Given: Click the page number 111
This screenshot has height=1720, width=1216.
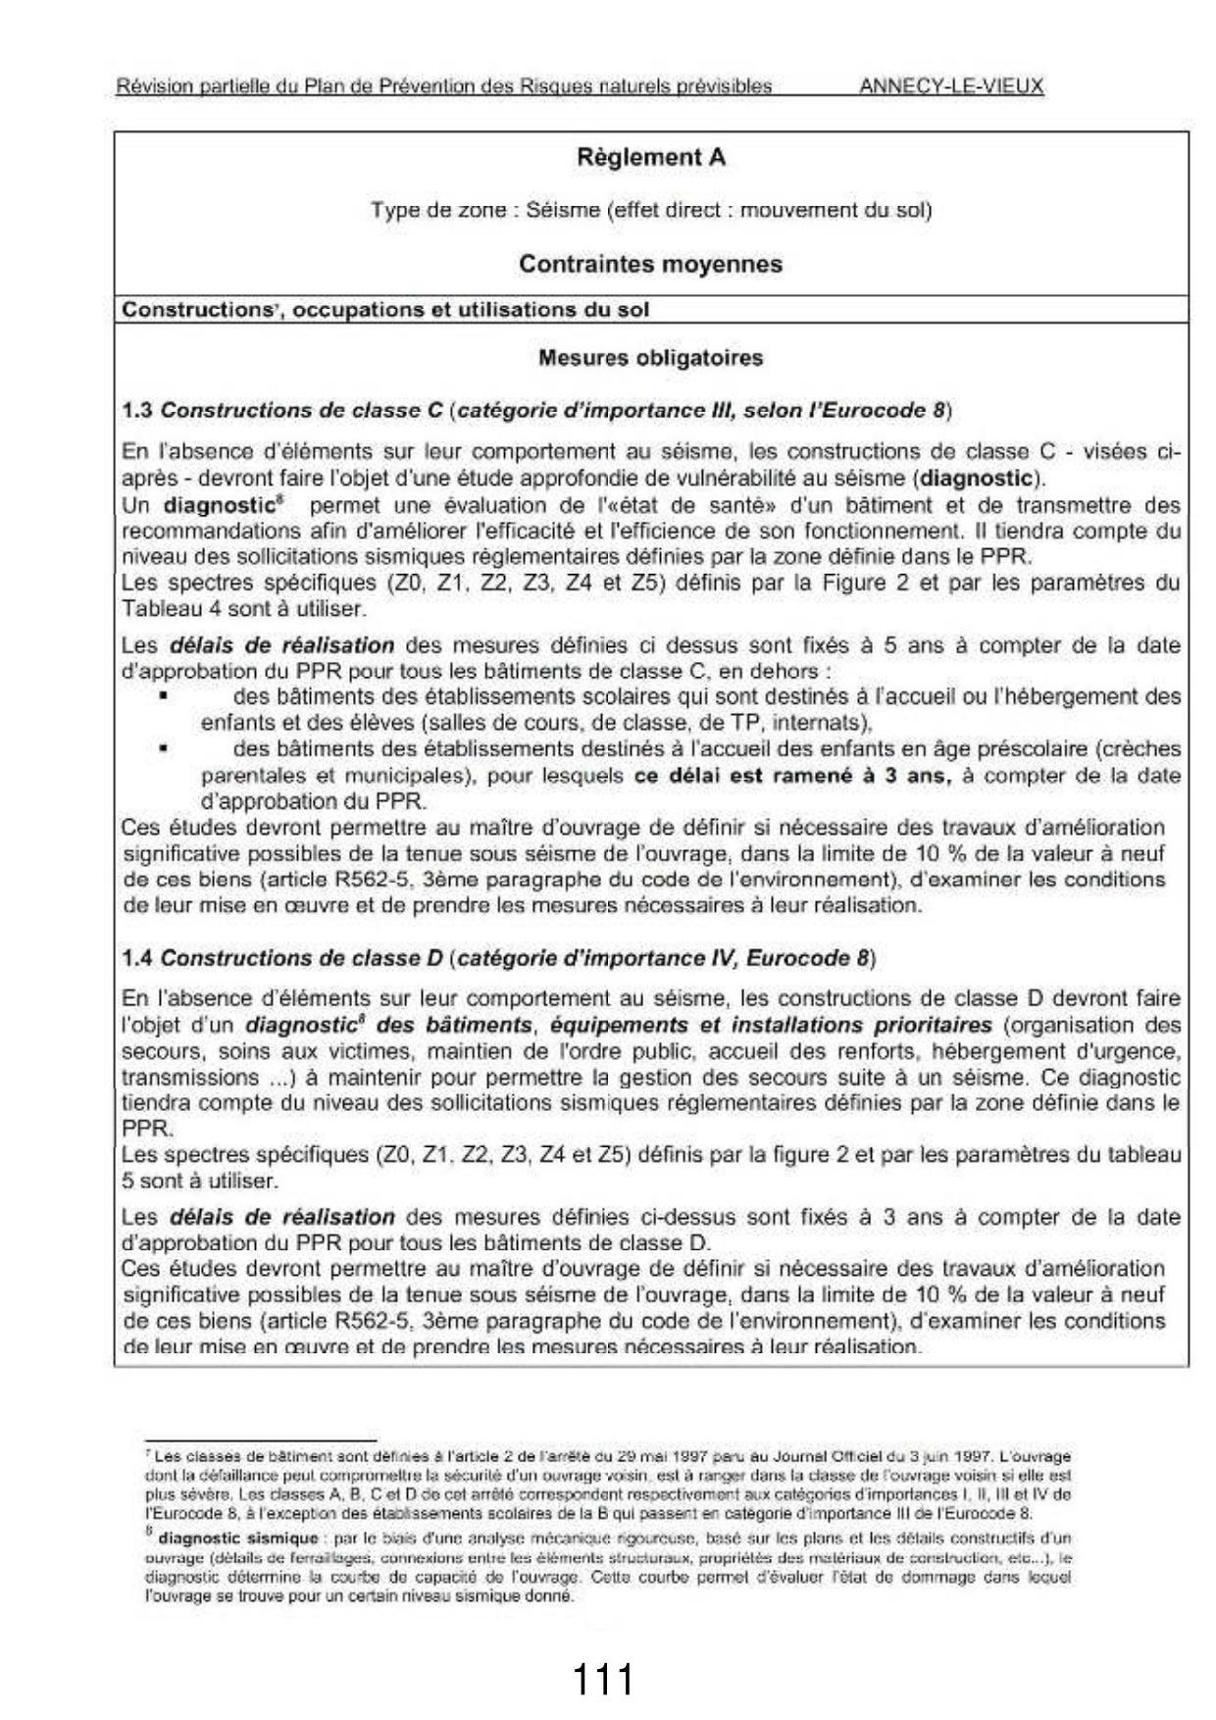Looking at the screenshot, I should (602, 1679).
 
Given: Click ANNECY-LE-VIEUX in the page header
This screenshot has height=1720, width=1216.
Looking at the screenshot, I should (950, 86).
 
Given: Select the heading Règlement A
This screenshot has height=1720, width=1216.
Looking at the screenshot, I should (651, 157).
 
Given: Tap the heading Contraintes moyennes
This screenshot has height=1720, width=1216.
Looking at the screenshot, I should (650, 264).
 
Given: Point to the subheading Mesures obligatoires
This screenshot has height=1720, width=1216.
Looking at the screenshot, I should (650, 358).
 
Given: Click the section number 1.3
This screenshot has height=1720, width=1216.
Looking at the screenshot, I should (136, 410).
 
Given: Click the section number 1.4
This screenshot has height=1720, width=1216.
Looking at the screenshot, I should (136, 957).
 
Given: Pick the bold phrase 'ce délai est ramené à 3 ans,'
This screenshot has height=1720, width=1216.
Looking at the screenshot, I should (792, 776).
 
